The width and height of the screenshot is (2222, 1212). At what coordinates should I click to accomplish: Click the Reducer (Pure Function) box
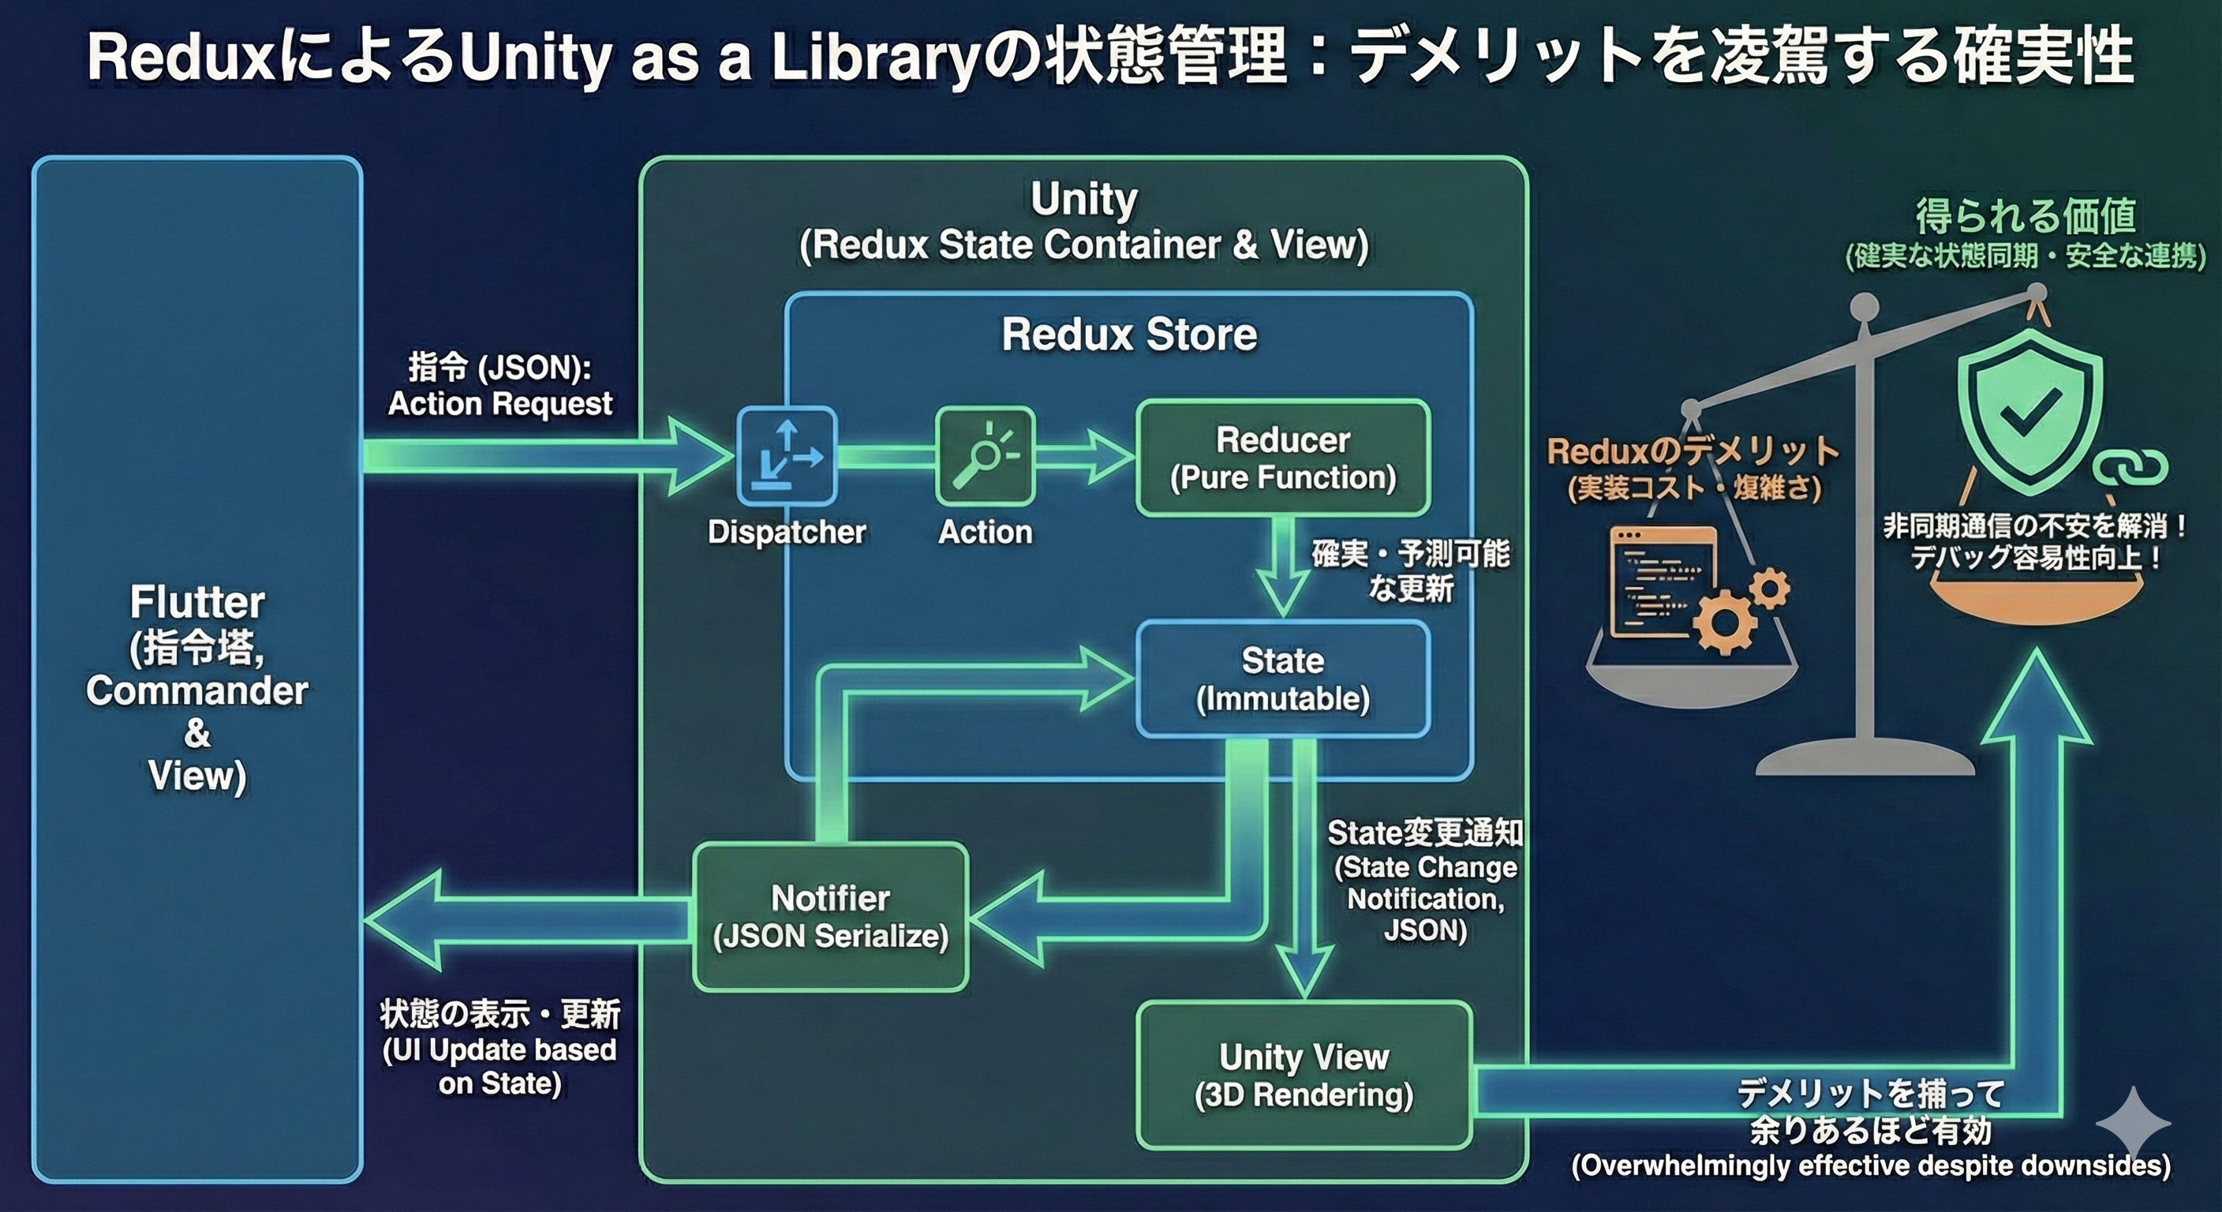click(1283, 458)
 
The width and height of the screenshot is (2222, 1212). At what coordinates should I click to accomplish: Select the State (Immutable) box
click(1283, 679)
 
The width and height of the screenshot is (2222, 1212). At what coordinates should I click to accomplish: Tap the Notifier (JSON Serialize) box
click(831, 916)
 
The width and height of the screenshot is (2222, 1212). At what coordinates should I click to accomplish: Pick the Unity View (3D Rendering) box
click(1304, 1075)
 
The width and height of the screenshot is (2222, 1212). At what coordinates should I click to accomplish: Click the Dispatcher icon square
click(787, 455)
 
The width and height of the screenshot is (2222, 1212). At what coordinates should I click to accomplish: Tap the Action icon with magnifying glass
click(985, 455)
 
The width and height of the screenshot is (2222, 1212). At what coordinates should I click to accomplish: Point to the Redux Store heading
click(1128, 335)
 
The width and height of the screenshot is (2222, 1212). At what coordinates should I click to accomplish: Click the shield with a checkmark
click(2029, 414)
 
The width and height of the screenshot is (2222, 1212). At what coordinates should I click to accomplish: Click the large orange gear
click(1725, 623)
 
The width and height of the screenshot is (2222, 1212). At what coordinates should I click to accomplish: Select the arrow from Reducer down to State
click(1283, 570)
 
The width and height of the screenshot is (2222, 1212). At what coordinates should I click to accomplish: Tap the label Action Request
click(499, 404)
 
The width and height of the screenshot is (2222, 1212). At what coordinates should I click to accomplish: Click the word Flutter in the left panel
click(196, 602)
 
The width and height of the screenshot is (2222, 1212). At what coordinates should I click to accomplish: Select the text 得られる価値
click(2025, 215)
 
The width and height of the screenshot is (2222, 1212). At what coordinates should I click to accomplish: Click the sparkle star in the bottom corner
click(2132, 1121)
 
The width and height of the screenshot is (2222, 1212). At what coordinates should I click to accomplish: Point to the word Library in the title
click(873, 58)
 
